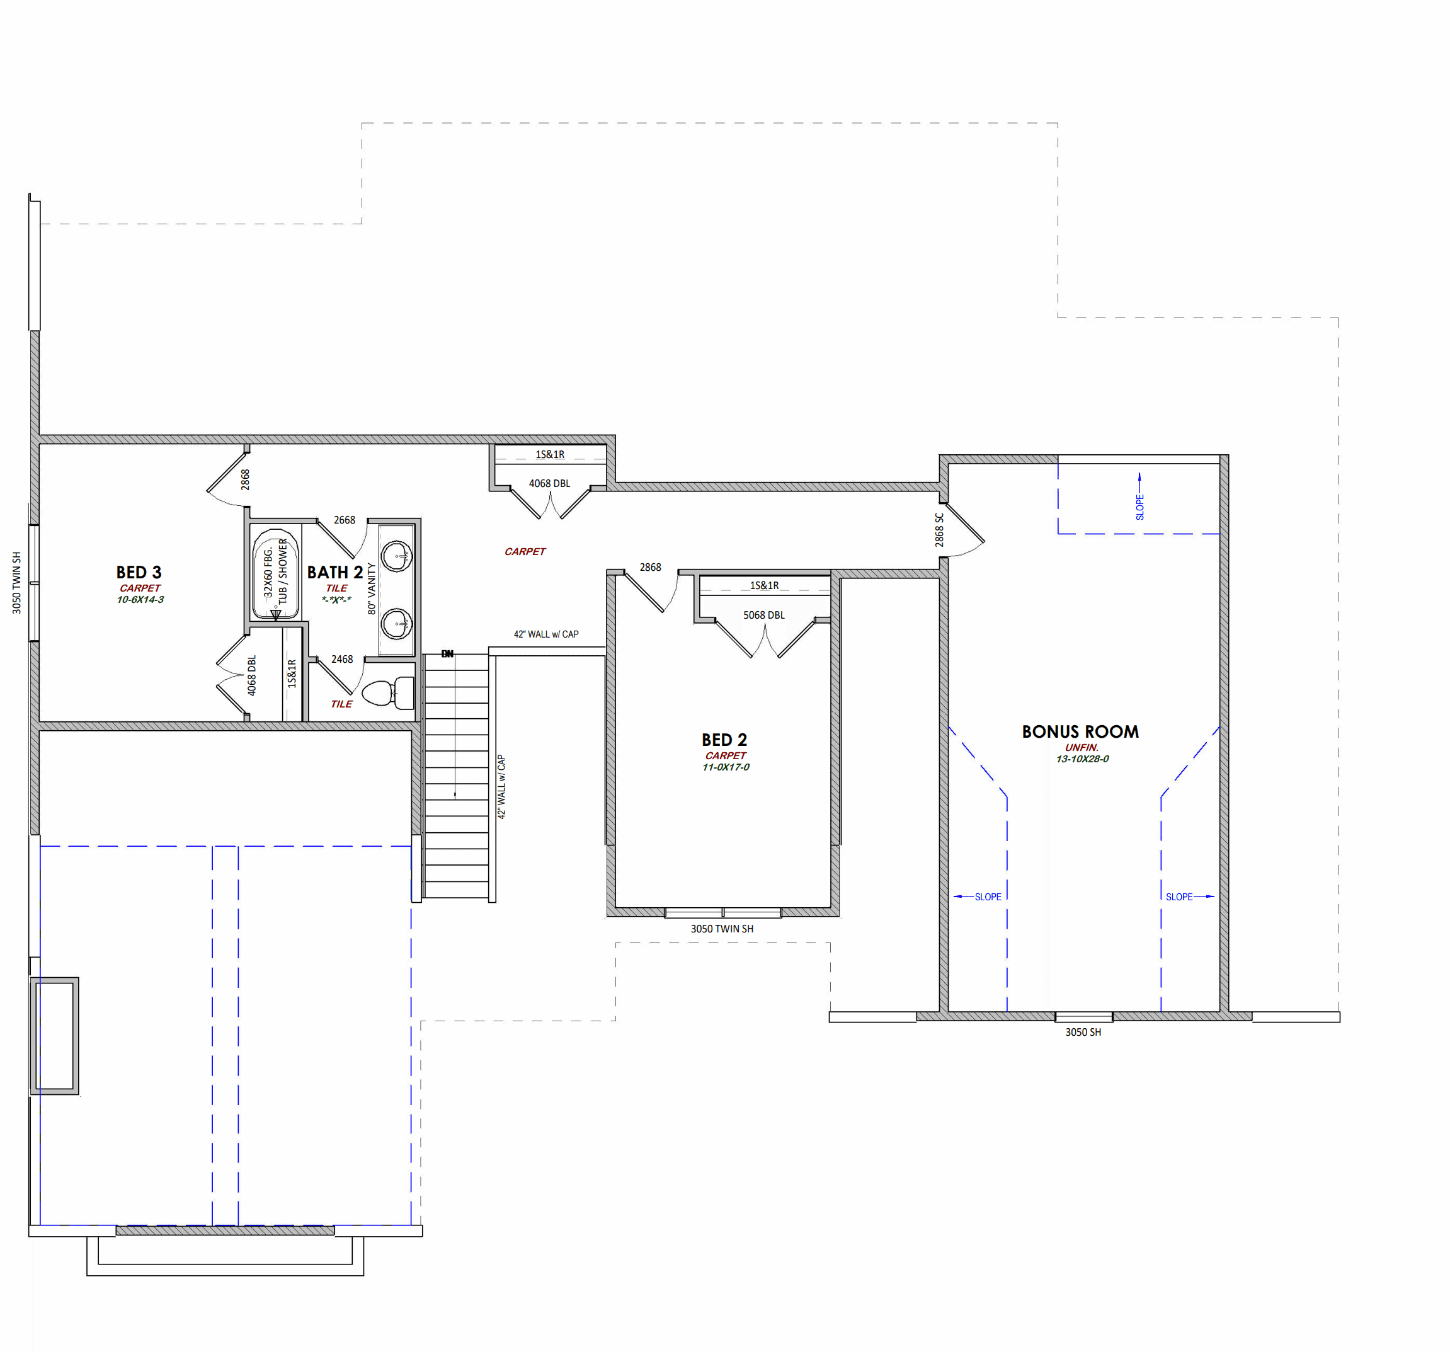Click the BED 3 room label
pyautogui.click(x=139, y=572)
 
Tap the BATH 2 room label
pyautogui.click(x=334, y=572)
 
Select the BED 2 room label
pyautogui.click(x=724, y=740)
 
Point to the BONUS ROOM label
pyautogui.click(x=1080, y=732)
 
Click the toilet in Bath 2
pyautogui.click(x=388, y=692)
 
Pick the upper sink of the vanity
pyautogui.click(x=397, y=556)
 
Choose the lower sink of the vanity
pyautogui.click(x=397, y=624)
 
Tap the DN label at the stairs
pyautogui.click(x=447, y=654)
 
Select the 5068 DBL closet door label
pyautogui.click(x=763, y=615)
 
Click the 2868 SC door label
pyautogui.click(x=939, y=530)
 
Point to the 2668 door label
pyautogui.click(x=345, y=520)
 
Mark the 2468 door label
pyautogui.click(x=342, y=659)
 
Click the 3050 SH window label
pyautogui.click(x=1083, y=1033)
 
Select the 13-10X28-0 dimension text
pyautogui.click(x=1082, y=759)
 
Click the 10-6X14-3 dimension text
pyautogui.click(x=140, y=600)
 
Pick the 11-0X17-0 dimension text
pyautogui.click(x=726, y=767)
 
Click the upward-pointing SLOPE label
pyautogui.click(x=1139, y=507)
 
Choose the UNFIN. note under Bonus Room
pyautogui.click(x=1082, y=747)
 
